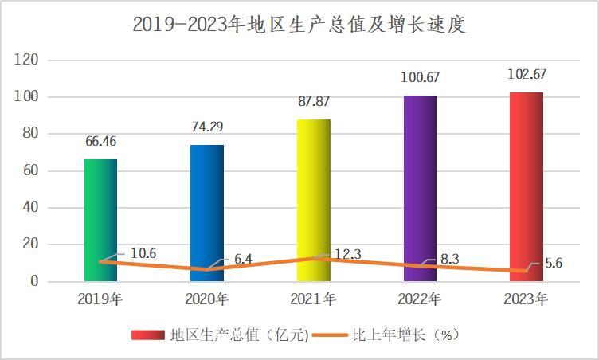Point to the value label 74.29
click(207, 126)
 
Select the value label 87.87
click(313, 102)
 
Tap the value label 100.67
click(420, 78)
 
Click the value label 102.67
click(526, 74)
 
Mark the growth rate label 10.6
click(143, 254)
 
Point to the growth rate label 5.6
click(554, 264)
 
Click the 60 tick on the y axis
click(31, 171)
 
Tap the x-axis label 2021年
click(313, 300)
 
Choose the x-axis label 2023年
click(526, 300)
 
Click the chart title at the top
click(299, 25)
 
